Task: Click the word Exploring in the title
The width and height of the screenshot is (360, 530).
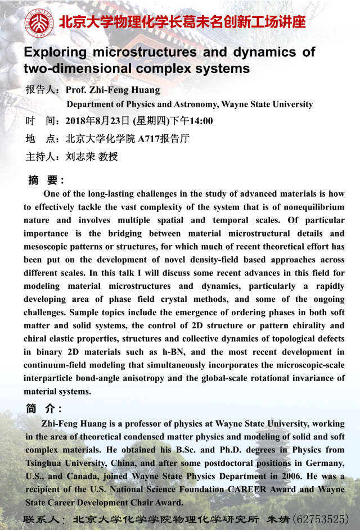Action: (x=55, y=52)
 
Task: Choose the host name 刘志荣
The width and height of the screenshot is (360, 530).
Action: (x=79, y=156)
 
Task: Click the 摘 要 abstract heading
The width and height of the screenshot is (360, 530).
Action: (x=46, y=180)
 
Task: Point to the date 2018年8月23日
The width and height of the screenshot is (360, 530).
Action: (x=98, y=121)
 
